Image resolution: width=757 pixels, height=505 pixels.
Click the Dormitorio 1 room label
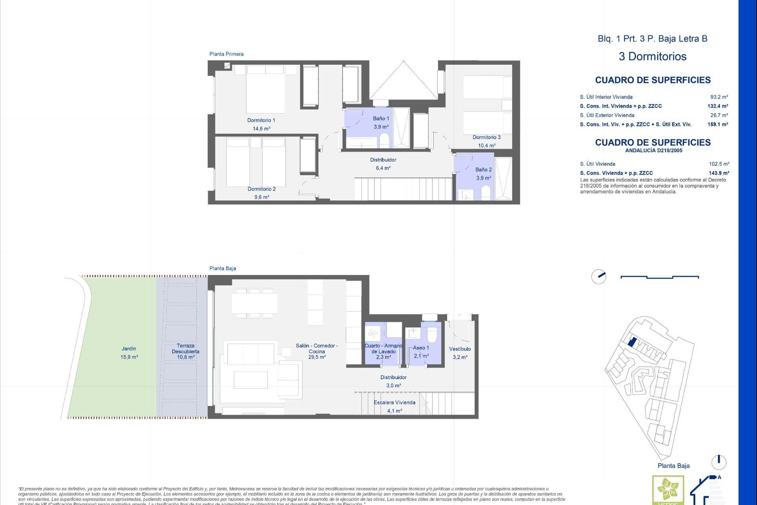coord(261,120)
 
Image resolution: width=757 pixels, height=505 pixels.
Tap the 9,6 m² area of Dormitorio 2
coord(261,197)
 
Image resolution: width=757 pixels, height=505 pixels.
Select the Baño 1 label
coord(381,118)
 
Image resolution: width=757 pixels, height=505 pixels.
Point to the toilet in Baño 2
coord(486,193)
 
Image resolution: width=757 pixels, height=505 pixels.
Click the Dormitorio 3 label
coord(487,137)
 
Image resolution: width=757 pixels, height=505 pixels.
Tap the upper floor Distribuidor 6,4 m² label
coord(383,164)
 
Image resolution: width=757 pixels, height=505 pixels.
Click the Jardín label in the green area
coord(129,349)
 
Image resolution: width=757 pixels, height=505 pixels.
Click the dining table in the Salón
coord(254,303)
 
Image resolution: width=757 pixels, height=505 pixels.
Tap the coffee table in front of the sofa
coord(250,380)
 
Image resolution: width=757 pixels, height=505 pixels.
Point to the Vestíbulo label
coord(460,349)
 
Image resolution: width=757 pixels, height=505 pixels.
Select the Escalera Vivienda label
coord(394,402)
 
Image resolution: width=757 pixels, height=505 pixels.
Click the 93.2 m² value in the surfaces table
coord(719,97)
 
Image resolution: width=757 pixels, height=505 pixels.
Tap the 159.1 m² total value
coord(718,124)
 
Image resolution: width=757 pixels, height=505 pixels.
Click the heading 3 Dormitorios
coord(653,56)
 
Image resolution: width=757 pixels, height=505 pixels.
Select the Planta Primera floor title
coord(226,54)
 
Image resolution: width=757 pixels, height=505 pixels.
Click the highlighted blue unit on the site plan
coord(632,342)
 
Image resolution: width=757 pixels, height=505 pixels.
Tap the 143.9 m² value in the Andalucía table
coord(719,173)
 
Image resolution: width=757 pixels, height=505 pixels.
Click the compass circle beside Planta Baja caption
coord(718,462)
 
